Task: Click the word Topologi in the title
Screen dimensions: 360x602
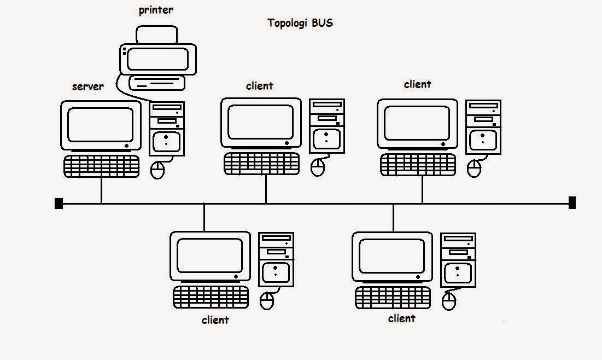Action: pos(287,24)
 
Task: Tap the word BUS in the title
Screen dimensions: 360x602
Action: pos(322,23)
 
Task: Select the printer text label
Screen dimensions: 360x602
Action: pos(155,10)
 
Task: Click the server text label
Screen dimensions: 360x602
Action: pos(87,86)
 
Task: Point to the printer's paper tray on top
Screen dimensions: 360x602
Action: pos(157,36)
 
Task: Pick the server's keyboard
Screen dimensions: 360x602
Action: pos(102,166)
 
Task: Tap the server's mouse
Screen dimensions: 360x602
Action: pos(158,170)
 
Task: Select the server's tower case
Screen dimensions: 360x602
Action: pos(167,129)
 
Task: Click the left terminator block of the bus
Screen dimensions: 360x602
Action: pos(59,204)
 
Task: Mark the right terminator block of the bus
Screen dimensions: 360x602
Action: pos(572,203)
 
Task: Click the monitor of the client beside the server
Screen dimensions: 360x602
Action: pos(261,122)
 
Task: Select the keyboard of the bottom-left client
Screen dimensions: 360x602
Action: pos(211,297)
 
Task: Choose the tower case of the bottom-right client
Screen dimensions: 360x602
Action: pos(459,259)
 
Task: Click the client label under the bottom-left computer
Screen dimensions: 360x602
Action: pos(215,320)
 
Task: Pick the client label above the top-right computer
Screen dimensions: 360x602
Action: pos(417,84)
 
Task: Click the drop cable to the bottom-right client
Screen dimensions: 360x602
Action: pos(393,217)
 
